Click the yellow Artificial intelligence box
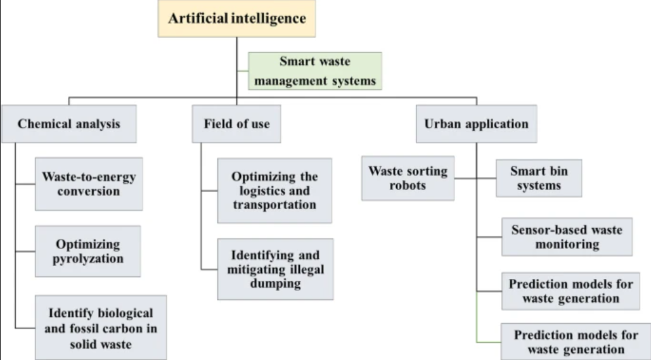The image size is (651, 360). [236, 18]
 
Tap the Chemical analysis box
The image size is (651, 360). [68, 124]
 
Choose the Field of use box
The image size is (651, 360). [236, 124]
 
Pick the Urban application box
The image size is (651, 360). [476, 124]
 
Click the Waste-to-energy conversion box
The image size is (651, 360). [89, 184]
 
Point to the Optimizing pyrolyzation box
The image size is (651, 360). [89, 251]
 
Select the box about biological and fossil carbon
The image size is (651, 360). [101, 327]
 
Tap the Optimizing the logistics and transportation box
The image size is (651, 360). [274, 191]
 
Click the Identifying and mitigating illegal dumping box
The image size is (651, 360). [275, 269]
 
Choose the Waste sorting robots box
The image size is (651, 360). [408, 178]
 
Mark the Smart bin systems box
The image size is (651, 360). [537, 178]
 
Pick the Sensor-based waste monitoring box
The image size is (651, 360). [567, 236]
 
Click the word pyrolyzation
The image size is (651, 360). [89, 259]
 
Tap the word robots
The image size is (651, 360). [408, 186]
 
